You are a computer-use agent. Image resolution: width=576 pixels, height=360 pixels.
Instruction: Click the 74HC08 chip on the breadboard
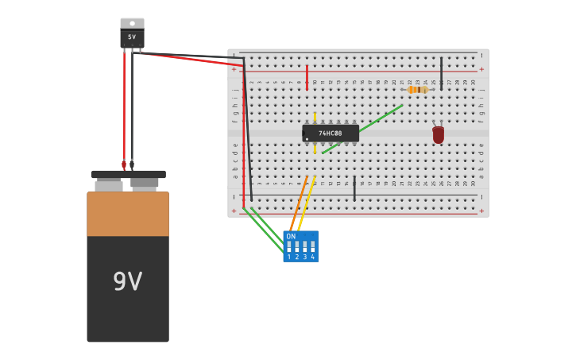(331, 134)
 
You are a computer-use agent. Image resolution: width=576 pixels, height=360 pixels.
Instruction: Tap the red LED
(439, 135)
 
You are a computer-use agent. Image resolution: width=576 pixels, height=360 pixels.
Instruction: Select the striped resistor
(418, 90)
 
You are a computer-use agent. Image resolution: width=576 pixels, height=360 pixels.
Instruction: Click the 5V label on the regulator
(132, 37)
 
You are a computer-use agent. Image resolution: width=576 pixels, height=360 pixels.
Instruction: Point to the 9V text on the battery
(127, 282)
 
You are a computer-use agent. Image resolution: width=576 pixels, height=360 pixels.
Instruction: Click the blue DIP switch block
(301, 246)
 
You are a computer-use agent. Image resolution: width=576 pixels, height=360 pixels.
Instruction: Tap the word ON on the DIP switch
(291, 236)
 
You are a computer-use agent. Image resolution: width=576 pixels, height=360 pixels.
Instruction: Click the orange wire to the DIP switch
(299, 203)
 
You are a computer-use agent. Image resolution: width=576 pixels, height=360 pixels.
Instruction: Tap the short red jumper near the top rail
(307, 77)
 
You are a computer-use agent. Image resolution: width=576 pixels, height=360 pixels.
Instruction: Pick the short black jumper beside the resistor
(442, 73)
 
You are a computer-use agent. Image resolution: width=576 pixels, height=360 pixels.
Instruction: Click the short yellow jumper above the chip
(315, 117)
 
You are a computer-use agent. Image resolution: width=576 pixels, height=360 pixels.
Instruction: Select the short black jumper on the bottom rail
(354, 188)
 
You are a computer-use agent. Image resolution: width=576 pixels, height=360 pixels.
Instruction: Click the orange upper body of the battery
(127, 213)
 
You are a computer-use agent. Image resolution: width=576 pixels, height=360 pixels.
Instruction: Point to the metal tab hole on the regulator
(132, 22)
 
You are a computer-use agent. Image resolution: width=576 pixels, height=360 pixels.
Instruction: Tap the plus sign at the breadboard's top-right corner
(481, 69)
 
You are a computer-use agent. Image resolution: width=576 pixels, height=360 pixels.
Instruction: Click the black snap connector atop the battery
(128, 174)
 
